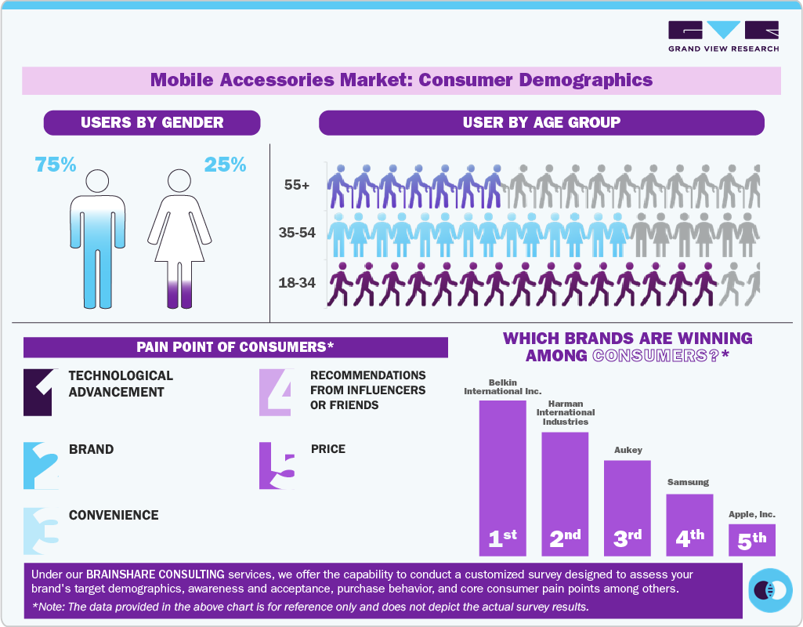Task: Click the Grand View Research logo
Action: click(723, 36)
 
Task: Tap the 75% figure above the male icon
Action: click(56, 165)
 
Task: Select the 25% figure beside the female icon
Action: click(225, 165)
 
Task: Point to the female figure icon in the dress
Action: click(179, 239)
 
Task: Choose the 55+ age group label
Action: click(298, 186)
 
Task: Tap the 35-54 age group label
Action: click(297, 233)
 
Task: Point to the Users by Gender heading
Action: click(152, 122)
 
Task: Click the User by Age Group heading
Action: click(541, 122)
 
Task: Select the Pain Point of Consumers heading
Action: click(235, 347)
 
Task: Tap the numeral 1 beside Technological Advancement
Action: click(39, 391)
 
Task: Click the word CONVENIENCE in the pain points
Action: click(114, 515)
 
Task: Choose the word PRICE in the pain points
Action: click(327, 449)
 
